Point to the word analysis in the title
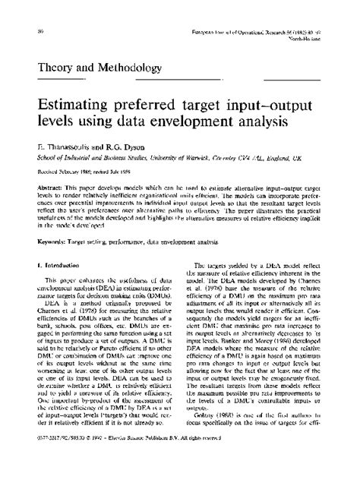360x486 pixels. coord(295,123)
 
